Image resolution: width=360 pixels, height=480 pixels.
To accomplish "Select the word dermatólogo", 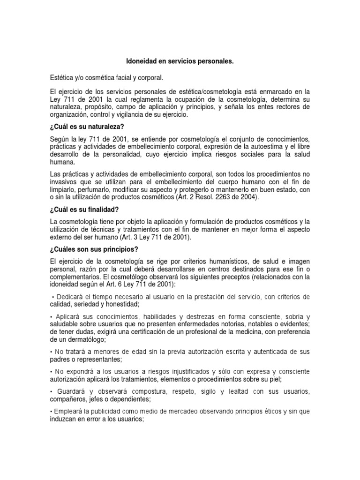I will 84,339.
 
